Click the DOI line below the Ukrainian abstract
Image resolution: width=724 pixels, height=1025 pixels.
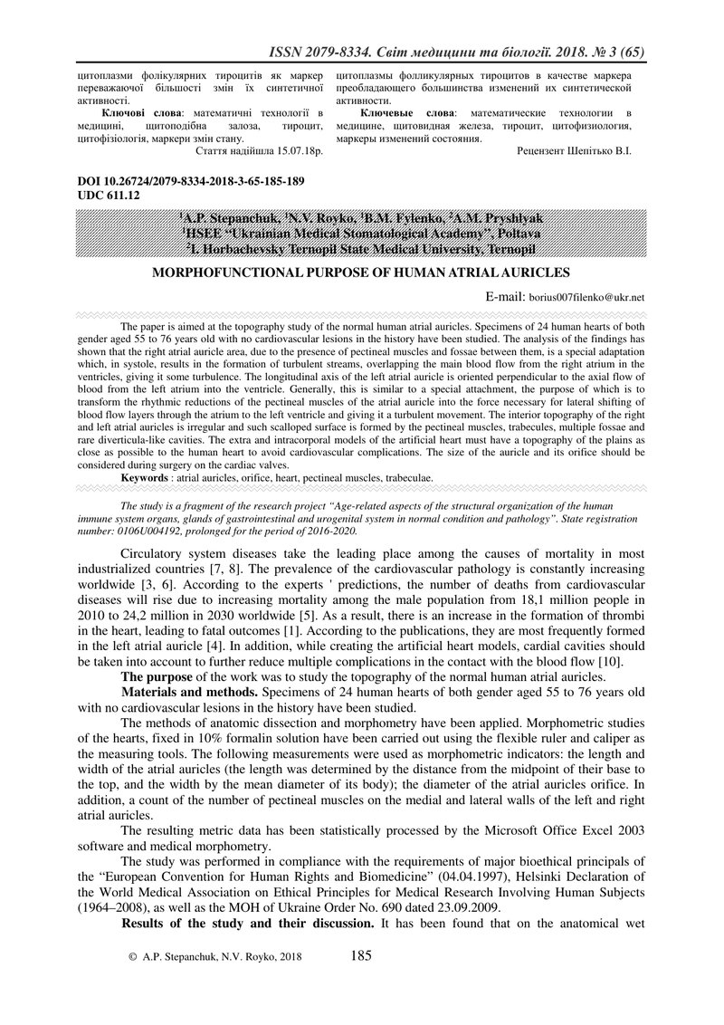coord(193,181)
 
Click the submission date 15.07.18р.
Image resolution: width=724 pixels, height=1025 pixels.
coord(295,153)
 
